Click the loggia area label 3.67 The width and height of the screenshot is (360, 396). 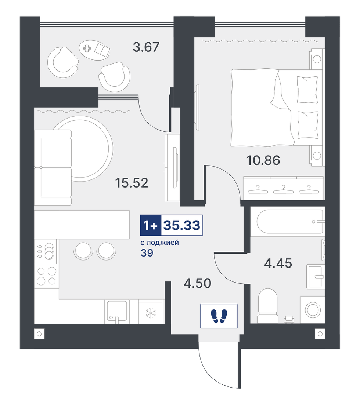[146, 47]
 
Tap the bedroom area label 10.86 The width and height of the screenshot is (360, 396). [263, 160]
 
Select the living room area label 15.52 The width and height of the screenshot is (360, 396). [132, 183]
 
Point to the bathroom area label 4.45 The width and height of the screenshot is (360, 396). [278, 263]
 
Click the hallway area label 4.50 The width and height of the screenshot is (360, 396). [197, 283]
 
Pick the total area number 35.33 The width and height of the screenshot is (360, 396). [182, 225]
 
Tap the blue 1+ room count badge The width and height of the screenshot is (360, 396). [150, 225]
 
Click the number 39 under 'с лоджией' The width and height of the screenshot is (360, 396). [147, 253]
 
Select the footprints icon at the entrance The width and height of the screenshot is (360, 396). [219, 316]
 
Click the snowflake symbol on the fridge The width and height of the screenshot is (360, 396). [151, 313]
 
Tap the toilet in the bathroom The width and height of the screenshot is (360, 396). [267, 306]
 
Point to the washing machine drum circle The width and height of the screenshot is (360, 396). [313, 310]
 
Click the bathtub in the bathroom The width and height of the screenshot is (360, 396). [290, 221]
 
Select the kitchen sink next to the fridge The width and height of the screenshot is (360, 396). [117, 311]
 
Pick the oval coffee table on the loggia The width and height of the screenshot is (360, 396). [94, 51]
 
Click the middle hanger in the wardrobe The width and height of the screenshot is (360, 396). [283, 189]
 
